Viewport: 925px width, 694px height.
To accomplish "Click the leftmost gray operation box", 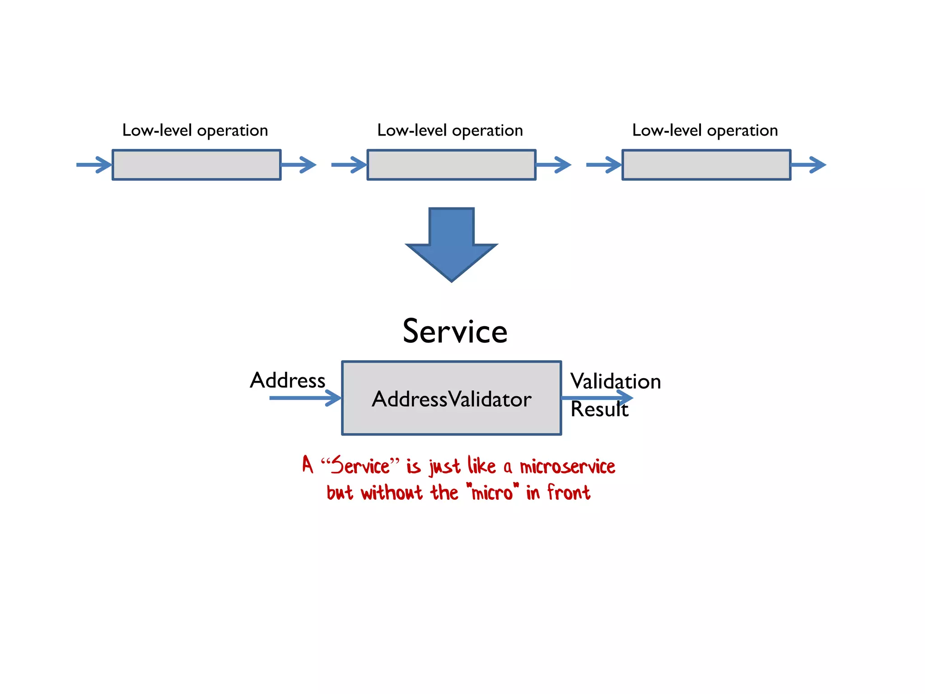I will click(196, 165).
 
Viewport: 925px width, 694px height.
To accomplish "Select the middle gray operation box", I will click(451, 165).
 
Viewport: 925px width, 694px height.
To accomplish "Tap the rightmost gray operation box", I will click(706, 165).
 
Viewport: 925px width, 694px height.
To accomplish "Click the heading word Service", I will click(455, 331).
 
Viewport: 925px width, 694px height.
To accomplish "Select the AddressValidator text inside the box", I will click(451, 399).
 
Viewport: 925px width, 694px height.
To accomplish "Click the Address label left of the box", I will click(288, 380).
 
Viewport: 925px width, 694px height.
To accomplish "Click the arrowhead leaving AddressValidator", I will click(625, 397).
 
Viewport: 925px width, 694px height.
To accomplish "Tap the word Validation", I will click(615, 381).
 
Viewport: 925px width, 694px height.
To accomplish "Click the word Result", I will click(599, 409).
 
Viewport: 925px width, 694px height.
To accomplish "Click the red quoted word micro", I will click(492, 492).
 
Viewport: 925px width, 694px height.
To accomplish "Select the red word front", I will click(569, 492).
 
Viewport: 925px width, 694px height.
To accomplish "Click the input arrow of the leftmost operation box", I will click(94, 164).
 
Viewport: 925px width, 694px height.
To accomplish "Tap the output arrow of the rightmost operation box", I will click(808, 164).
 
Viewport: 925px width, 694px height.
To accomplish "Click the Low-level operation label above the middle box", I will click(450, 131).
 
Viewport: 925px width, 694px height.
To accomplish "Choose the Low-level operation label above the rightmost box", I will click(705, 131).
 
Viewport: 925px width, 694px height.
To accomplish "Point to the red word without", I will click(392, 492).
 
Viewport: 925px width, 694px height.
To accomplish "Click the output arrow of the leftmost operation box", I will click(299, 164).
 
